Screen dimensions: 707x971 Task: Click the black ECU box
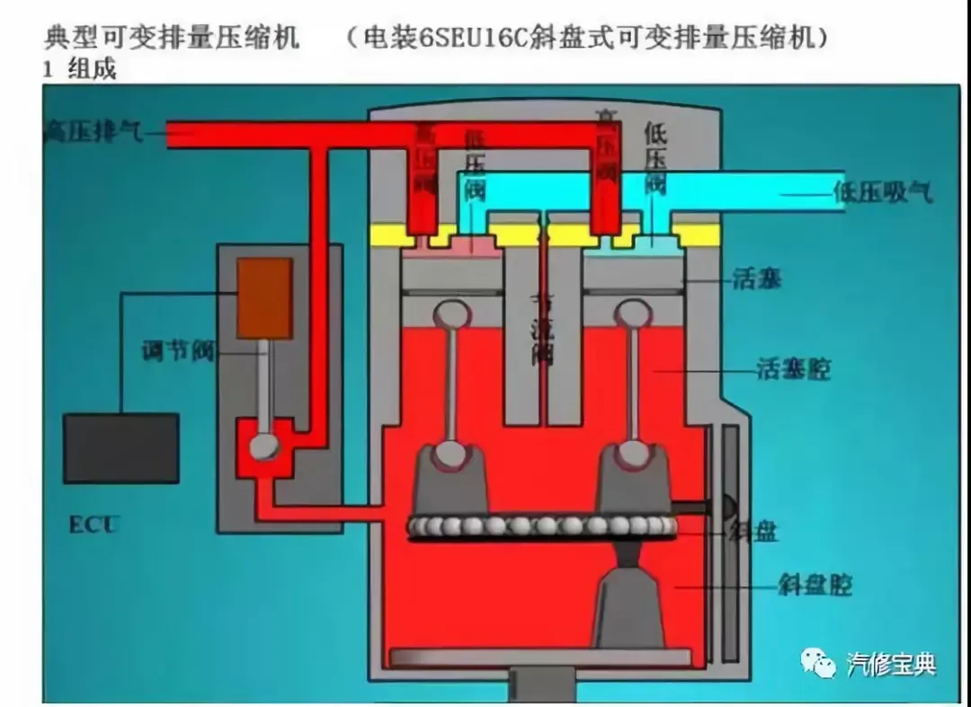coord(120,447)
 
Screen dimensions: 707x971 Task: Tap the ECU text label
coord(94,524)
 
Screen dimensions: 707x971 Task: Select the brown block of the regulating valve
coord(264,298)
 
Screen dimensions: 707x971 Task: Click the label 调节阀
coord(178,351)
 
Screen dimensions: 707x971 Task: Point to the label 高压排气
coord(94,134)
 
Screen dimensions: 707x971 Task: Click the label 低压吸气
coord(883,192)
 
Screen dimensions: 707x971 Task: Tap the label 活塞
coord(757,279)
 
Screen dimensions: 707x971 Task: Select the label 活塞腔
coord(793,369)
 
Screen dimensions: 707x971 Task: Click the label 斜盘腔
coord(815,586)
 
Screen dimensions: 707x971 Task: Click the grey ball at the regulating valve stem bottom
coord(264,447)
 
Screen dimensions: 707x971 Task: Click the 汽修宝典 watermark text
coord(891,664)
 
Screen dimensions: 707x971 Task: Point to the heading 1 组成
coord(80,69)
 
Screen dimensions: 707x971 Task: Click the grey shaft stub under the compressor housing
coord(539,686)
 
